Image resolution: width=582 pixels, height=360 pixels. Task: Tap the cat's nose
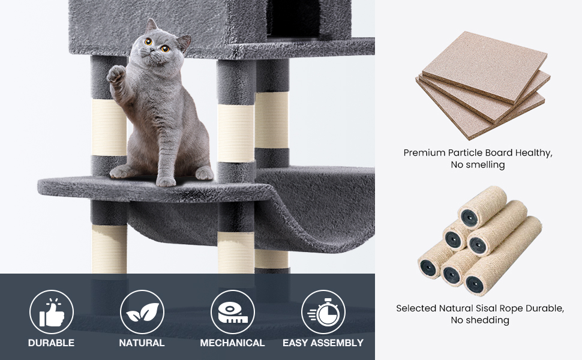[x=156, y=55]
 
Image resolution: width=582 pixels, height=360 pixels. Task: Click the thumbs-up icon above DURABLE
[x=52, y=312]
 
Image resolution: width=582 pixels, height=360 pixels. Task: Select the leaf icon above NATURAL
[x=142, y=312]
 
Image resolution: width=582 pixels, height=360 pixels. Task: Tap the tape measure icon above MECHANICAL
[x=232, y=312]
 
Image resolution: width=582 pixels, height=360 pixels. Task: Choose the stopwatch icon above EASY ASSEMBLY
[x=323, y=312]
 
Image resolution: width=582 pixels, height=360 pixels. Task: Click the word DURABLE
[x=52, y=343]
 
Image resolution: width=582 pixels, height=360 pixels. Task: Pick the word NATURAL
[x=142, y=343]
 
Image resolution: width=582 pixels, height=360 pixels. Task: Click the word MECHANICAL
[x=232, y=343]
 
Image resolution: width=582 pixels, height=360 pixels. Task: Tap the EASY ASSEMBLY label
[x=323, y=343]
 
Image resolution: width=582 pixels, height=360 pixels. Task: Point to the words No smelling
[x=478, y=165]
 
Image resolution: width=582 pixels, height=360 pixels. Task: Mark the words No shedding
[x=479, y=320]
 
